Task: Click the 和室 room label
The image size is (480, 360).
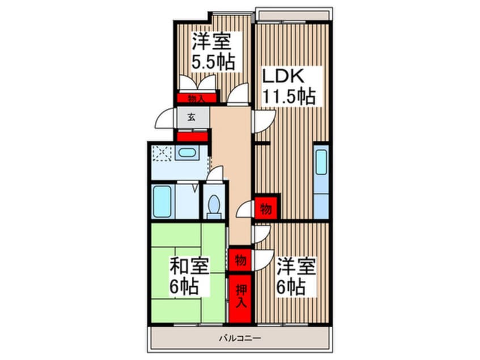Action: pyautogui.click(x=190, y=266)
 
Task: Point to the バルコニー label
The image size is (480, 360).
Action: pyautogui.click(x=239, y=338)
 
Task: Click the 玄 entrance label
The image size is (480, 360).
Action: pyautogui.click(x=191, y=117)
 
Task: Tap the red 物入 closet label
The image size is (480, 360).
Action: pyautogui.click(x=196, y=98)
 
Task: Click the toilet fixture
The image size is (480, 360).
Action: pyautogui.click(x=214, y=206)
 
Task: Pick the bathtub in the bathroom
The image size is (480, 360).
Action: pyautogui.click(x=162, y=202)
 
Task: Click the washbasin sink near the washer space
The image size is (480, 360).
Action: pyautogui.click(x=187, y=152)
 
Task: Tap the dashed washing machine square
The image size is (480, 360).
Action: pyautogui.click(x=162, y=153)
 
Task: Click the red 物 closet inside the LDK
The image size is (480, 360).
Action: pyautogui.click(x=266, y=208)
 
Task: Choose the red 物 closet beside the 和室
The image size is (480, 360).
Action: pyautogui.click(x=241, y=260)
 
